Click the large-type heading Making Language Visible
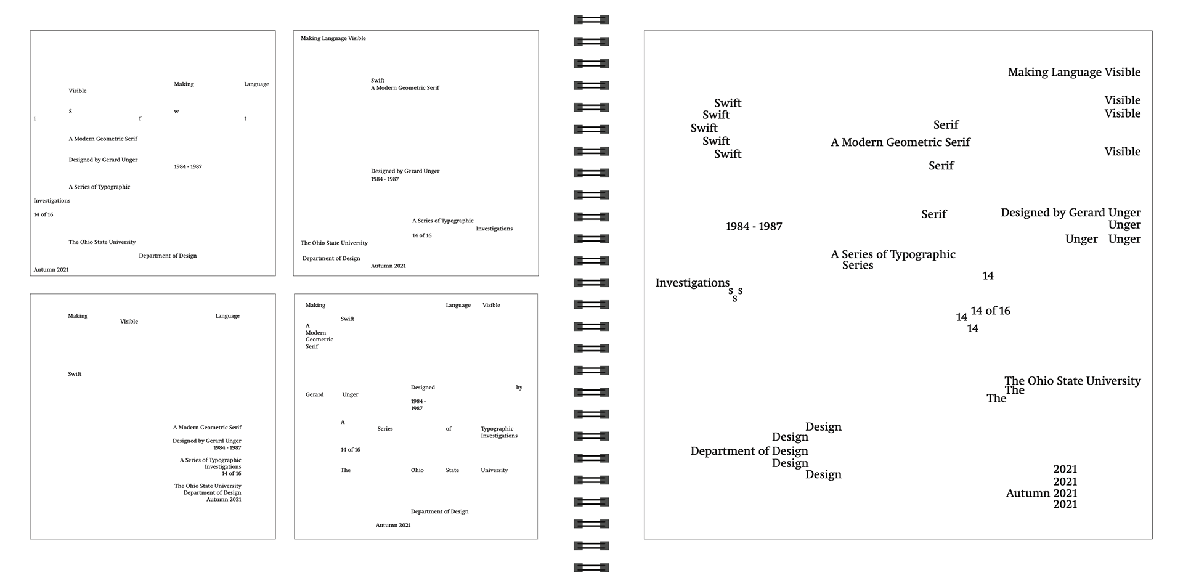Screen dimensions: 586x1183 click(1073, 73)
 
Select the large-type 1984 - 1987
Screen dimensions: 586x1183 click(754, 227)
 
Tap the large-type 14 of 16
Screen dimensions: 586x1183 click(990, 311)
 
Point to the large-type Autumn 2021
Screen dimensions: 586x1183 click(1041, 494)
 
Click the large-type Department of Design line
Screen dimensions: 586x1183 click(749, 451)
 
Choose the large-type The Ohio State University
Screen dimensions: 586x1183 click(1072, 381)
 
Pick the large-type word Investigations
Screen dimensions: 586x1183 click(692, 283)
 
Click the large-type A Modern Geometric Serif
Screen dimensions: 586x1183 click(900, 142)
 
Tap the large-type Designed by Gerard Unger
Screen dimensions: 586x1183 click(1070, 213)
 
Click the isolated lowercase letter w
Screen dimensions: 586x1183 click(176, 112)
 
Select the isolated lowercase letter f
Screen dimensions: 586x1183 click(140, 118)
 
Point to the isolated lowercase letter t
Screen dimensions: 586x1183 click(245, 118)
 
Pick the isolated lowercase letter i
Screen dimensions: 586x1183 click(35, 118)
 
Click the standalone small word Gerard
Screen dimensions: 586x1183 click(314, 394)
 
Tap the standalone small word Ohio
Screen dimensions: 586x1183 click(417, 470)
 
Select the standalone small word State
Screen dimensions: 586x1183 click(452, 470)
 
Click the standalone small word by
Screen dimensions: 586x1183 click(519, 388)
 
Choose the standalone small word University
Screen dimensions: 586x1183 click(494, 470)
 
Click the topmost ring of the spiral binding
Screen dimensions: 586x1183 click(591, 20)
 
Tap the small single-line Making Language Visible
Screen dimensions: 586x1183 click(333, 38)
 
